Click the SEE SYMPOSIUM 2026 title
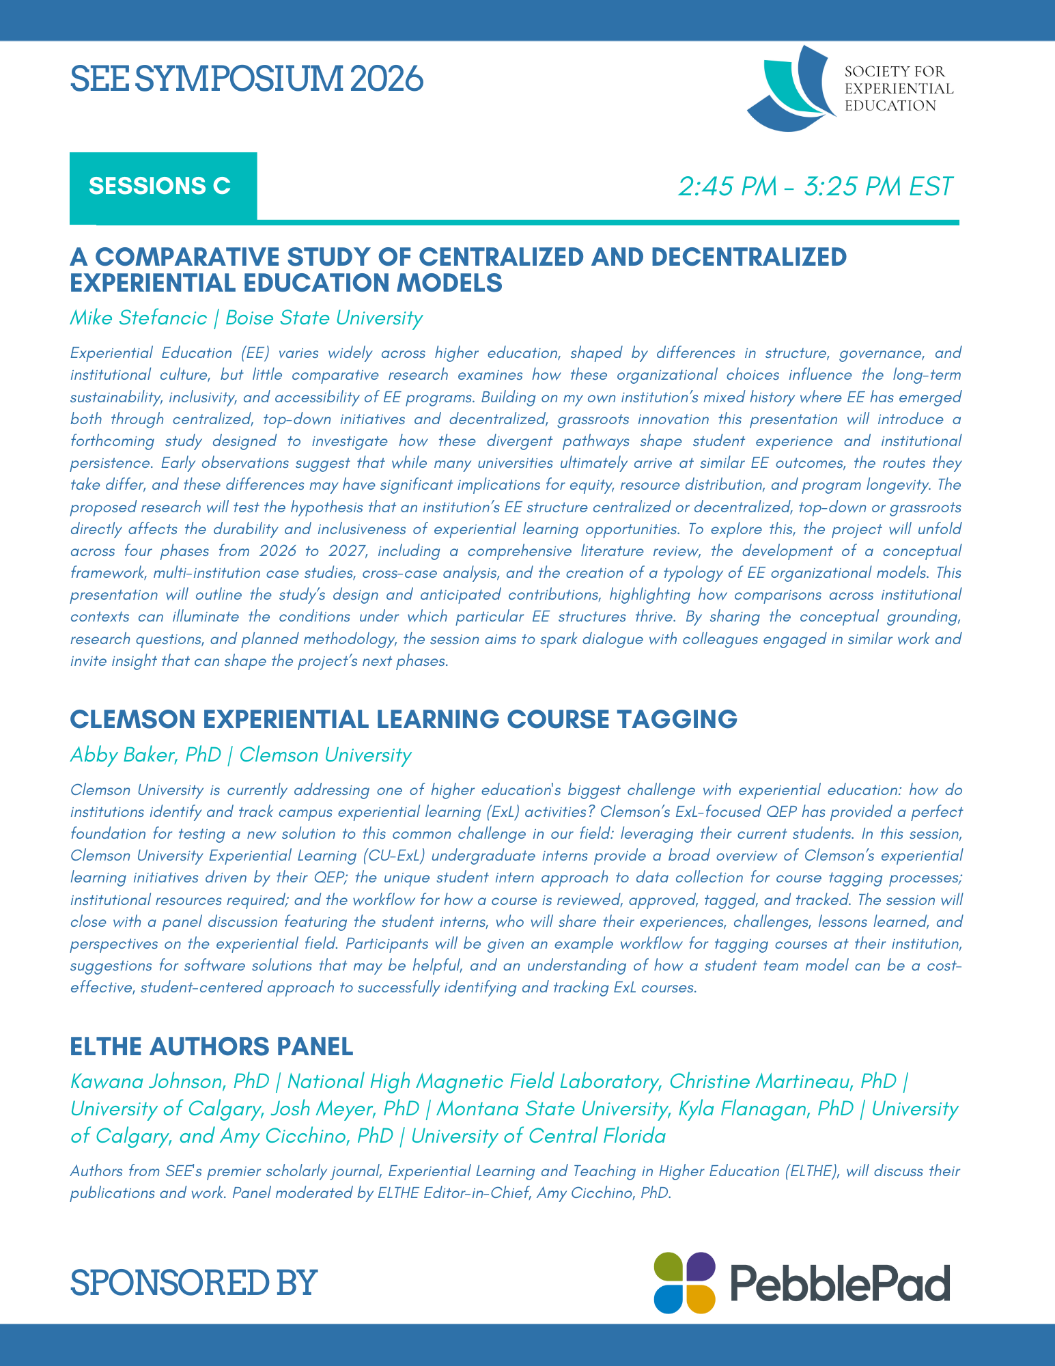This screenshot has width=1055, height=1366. [x=247, y=79]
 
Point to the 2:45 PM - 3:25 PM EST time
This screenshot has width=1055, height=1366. [x=815, y=186]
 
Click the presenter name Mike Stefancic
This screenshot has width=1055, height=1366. [x=138, y=318]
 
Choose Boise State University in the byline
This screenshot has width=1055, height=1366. [x=324, y=318]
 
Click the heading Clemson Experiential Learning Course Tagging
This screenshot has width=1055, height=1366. [x=404, y=719]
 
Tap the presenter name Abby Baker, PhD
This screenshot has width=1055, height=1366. [x=145, y=755]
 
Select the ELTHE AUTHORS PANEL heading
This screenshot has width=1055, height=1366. [x=212, y=1046]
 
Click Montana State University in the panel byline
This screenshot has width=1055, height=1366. [x=552, y=1109]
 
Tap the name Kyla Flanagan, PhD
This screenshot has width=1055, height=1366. [x=765, y=1109]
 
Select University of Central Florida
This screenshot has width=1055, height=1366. [x=537, y=1136]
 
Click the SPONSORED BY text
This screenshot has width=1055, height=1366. [x=194, y=1282]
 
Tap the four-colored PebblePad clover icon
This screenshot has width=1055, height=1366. [x=684, y=1282]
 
